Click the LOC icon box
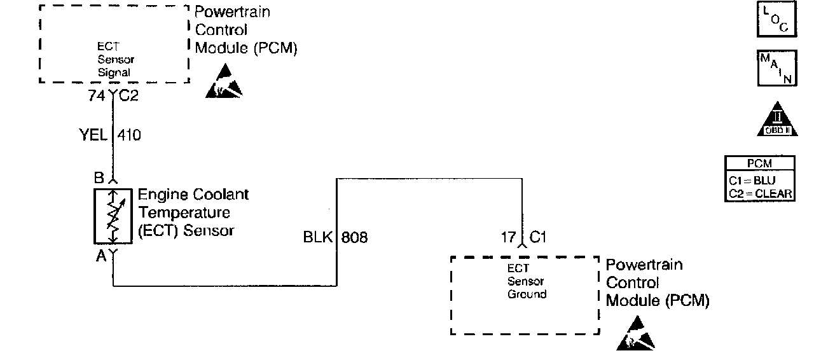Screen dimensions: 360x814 [x=776, y=19]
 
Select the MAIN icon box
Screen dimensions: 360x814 [x=776, y=68]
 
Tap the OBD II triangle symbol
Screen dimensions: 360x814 [x=776, y=120]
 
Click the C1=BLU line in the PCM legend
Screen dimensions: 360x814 [x=759, y=180]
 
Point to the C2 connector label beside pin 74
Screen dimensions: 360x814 [x=128, y=97]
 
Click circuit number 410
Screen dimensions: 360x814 [x=129, y=135]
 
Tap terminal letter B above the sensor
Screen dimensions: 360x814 [x=99, y=178]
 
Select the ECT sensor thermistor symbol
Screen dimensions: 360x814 [x=113, y=216]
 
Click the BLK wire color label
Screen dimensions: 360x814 [x=318, y=238]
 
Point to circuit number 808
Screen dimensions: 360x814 [x=354, y=238]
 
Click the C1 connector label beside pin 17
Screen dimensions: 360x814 [x=538, y=238]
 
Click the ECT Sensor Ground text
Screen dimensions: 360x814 [x=527, y=281]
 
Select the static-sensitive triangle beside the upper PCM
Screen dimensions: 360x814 [x=224, y=82]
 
